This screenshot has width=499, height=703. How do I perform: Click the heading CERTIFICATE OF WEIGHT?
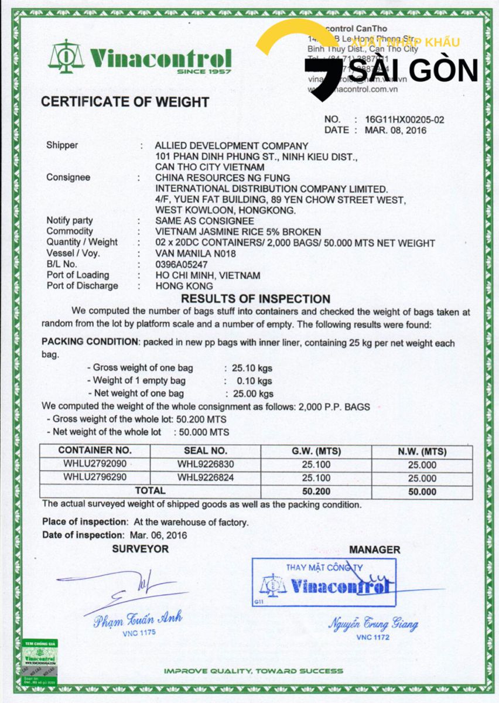click(125, 102)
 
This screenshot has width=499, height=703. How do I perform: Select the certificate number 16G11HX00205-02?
click(405, 120)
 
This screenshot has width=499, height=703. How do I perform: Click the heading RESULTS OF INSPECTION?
click(256, 299)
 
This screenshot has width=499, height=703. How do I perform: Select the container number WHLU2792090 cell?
click(95, 465)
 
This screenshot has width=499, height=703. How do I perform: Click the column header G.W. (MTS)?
click(316, 452)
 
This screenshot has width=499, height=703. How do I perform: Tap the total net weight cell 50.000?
click(421, 492)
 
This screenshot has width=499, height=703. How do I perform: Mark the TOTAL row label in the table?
click(151, 490)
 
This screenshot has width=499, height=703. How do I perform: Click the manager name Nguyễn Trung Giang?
click(373, 623)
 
